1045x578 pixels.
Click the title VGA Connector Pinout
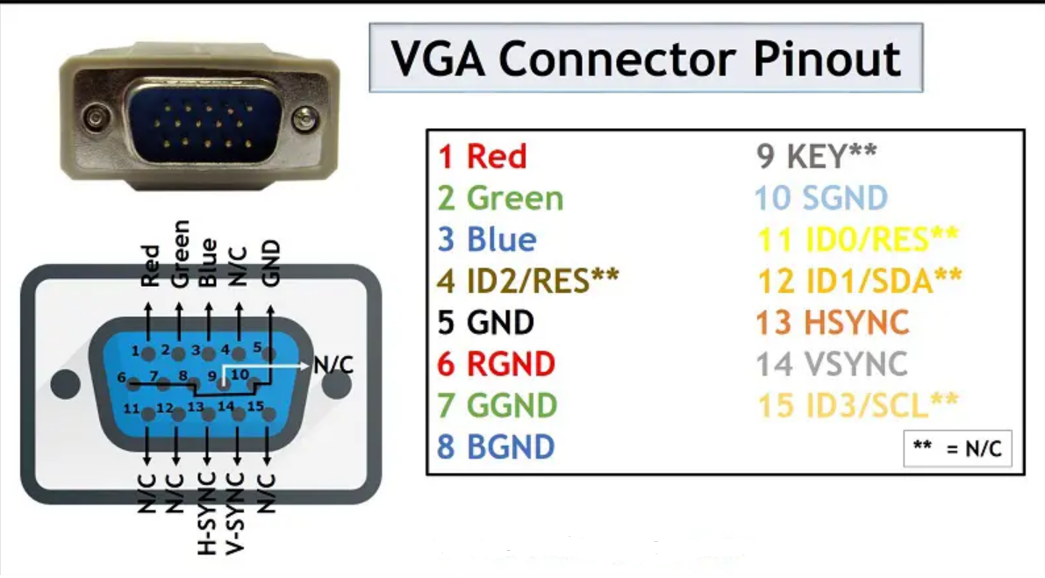(645, 59)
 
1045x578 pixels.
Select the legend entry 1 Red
(483, 157)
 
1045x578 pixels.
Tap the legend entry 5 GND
(485, 323)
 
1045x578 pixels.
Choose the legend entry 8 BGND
(496, 447)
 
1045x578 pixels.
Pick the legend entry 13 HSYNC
(832, 323)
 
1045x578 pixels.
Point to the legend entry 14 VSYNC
(832, 364)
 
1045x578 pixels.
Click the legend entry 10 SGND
(821, 198)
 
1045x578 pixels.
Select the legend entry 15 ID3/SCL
(857, 404)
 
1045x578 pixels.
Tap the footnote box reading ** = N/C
(956, 447)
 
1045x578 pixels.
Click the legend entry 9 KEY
(815, 157)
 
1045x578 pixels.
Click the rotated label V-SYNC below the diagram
(235, 513)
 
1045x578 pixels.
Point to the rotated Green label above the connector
(180, 254)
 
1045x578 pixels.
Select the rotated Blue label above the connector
(209, 262)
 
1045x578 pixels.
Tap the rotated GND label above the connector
(271, 262)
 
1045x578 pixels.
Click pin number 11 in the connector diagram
(132, 408)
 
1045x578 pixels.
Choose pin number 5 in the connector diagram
(257, 347)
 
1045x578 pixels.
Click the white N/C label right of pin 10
(333, 365)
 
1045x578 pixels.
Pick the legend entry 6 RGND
(496, 364)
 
